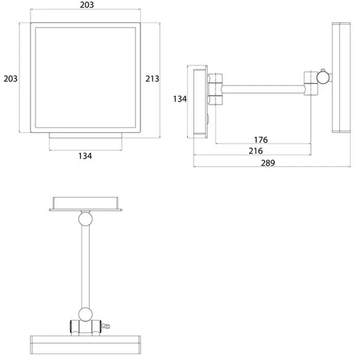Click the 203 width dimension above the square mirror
[x=87, y=5]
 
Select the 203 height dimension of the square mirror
[x=11, y=79]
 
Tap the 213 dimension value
[x=152, y=79]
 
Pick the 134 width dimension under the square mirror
[x=85, y=156]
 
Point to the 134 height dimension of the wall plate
[x=180, y=99]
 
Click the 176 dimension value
[x=261, y=140]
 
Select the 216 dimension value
[x=256, y=151]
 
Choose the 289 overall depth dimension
[x=268, y=163]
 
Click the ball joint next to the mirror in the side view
[x=323, y=78]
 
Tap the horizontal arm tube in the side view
[x=263, y=89]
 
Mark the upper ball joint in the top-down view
[x=85, y=219]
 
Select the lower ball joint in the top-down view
[x=85, y=315]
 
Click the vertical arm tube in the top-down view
[x=85, y=267]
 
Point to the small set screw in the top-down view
[x=105, y=326]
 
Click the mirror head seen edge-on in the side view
[x=341, y=78]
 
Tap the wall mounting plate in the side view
[x=200, y=102]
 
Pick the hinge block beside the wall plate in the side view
[x=215, y=89]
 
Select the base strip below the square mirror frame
[x=85, y=135]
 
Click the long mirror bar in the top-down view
[x=85, y=345]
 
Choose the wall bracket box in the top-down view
[x=85, y=204]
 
